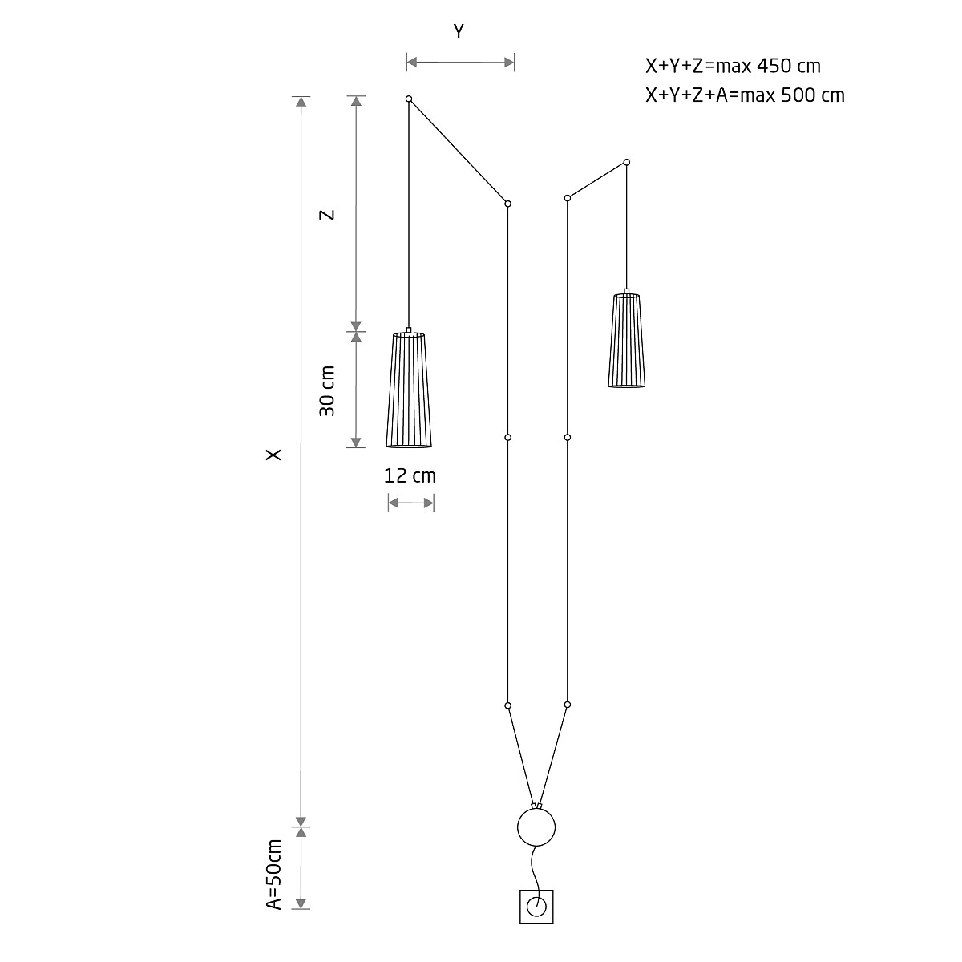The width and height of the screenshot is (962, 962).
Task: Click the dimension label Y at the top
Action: (459, 32)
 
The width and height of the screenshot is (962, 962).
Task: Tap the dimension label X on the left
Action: (274, 454)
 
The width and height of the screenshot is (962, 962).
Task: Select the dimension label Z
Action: (326, 215)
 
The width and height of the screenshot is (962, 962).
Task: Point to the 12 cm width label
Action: (410, 475)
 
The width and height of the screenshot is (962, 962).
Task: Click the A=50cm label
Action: (275, 875)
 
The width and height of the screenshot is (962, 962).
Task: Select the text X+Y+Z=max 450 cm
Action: (733, 66)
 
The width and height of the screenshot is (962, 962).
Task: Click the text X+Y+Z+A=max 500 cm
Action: (745, 95)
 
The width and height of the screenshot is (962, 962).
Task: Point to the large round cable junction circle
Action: (536, 827)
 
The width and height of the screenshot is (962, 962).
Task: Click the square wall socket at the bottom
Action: (536, 907)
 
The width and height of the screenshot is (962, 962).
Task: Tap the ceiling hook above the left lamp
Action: (409, 99)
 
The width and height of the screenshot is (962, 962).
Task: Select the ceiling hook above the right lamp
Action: (626, 162)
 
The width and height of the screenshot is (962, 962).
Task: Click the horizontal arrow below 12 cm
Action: (411, 503)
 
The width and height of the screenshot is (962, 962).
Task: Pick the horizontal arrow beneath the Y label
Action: (460, 62)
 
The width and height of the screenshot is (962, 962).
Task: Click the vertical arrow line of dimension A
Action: (301, 867)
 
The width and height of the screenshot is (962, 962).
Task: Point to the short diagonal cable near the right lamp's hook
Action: (597, 180)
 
